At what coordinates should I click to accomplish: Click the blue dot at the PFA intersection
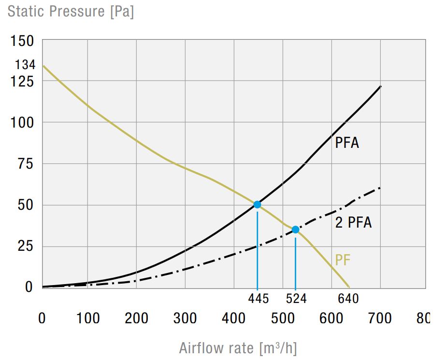coord(257,204)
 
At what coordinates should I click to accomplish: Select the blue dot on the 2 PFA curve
coord(295,230)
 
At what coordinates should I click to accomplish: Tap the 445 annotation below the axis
coord(259,299)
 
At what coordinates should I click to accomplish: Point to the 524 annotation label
coord(296,299)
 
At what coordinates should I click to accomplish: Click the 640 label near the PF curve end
coord(348,299)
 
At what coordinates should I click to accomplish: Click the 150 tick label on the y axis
coord(22,42)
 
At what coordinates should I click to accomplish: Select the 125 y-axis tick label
coord(22,82)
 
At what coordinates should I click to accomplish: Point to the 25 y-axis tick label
coord(25,246)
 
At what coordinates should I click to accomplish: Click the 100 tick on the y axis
coord(22,123)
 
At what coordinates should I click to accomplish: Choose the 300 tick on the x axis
coord(185,318)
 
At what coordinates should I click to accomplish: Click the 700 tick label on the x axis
coord(380,318)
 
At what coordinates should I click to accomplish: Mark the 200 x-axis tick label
coord(136,318)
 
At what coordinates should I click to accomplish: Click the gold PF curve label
coord(343,260)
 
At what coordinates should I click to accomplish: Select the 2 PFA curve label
coord(354,223)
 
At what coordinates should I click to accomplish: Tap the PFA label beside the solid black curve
coord(347,143)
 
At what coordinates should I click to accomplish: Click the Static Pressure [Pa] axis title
coord(71,11)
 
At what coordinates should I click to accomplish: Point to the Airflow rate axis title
coord(238,348)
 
